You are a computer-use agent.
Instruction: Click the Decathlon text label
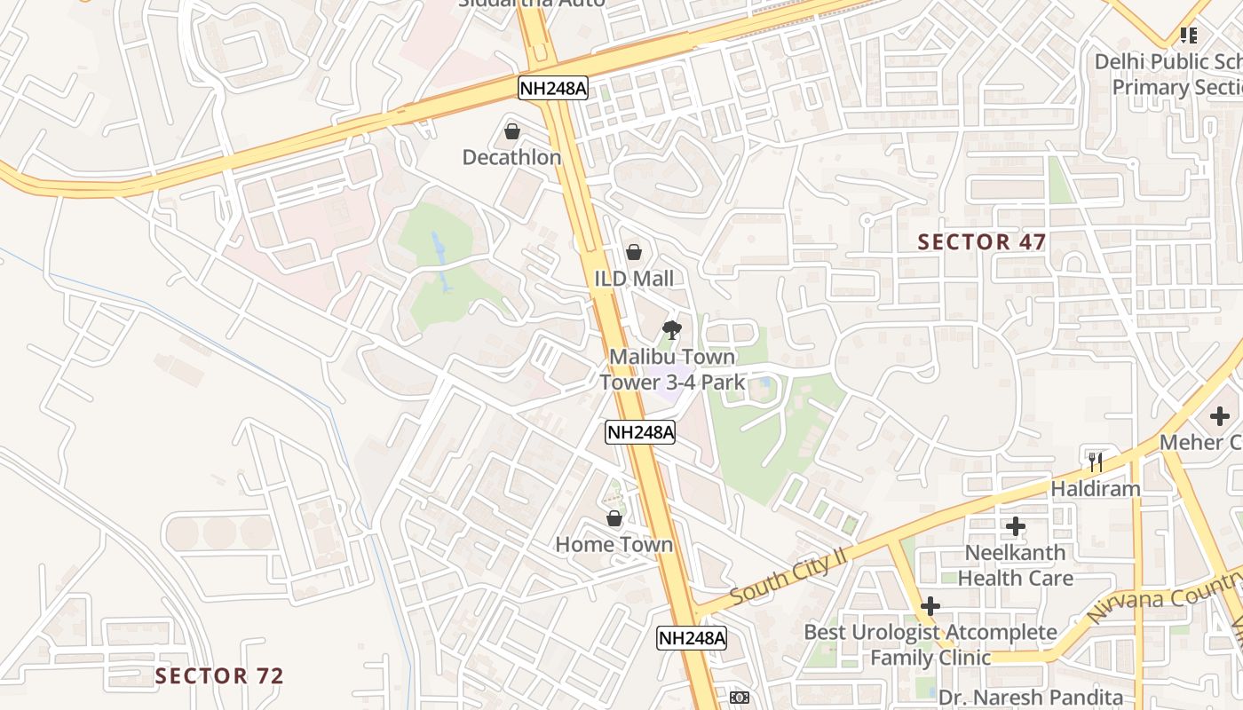pos(511,157)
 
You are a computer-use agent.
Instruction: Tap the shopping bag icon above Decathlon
pos(512,131)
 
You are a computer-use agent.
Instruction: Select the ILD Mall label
pos(634,279)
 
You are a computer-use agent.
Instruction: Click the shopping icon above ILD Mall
pos(634,252)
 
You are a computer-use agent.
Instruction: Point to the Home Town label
pos(614,544)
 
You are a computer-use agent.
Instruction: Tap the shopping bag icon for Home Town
pos(614,517)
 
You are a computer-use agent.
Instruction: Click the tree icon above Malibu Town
pos(672,330)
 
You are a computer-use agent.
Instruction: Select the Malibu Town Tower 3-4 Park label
pos(672,369)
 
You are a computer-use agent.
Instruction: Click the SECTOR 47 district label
pos(982,241)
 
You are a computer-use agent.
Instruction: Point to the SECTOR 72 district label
pos(219,675)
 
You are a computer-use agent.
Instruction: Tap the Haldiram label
pos(1096,489)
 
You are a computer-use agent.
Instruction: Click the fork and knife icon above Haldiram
pos(1096,461)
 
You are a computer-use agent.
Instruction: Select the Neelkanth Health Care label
pos(1016,565)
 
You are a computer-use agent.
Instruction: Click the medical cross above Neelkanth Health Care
pos(1016,526)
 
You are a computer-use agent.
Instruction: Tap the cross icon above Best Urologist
pos(930,606)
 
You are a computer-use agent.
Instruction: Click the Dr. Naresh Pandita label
pos(1031,698)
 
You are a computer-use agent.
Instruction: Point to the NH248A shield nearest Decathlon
pos(553,87)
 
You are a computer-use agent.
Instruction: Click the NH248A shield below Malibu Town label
pos(640,432)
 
